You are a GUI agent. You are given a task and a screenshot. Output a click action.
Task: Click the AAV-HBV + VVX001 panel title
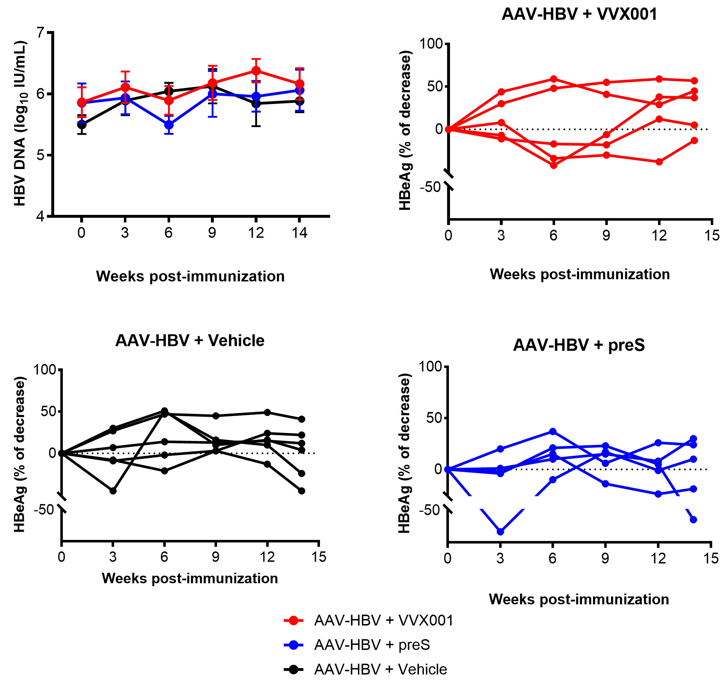coord(579,14)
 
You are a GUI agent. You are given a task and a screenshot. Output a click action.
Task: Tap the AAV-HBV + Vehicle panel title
coord(190,341)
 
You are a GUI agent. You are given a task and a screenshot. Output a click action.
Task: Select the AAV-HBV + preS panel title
coord(579,345)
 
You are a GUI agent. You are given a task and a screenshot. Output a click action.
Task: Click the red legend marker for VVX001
coord(294,620)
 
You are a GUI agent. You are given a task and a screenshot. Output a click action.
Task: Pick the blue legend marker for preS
coord(294,645)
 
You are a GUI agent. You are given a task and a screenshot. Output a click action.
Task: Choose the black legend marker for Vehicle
coord(294,669)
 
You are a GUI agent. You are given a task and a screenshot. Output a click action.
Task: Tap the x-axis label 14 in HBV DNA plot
coord(299,233)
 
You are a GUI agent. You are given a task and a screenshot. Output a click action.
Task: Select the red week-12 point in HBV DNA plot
coord(256,70)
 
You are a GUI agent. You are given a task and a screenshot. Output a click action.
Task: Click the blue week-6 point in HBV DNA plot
coord(169,125)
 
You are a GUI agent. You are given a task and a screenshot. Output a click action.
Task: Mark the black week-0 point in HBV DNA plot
coord(82,125)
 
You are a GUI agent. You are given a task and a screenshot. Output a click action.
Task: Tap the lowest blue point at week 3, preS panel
coord(500,532)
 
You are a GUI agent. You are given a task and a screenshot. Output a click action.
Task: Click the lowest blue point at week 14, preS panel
coord(693,519)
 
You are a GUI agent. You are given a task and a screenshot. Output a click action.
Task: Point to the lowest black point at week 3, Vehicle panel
coord(113,491)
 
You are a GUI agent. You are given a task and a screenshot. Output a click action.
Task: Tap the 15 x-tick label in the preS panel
coord(710,559)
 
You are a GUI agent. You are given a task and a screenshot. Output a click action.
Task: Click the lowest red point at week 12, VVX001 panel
coord(659,162)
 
